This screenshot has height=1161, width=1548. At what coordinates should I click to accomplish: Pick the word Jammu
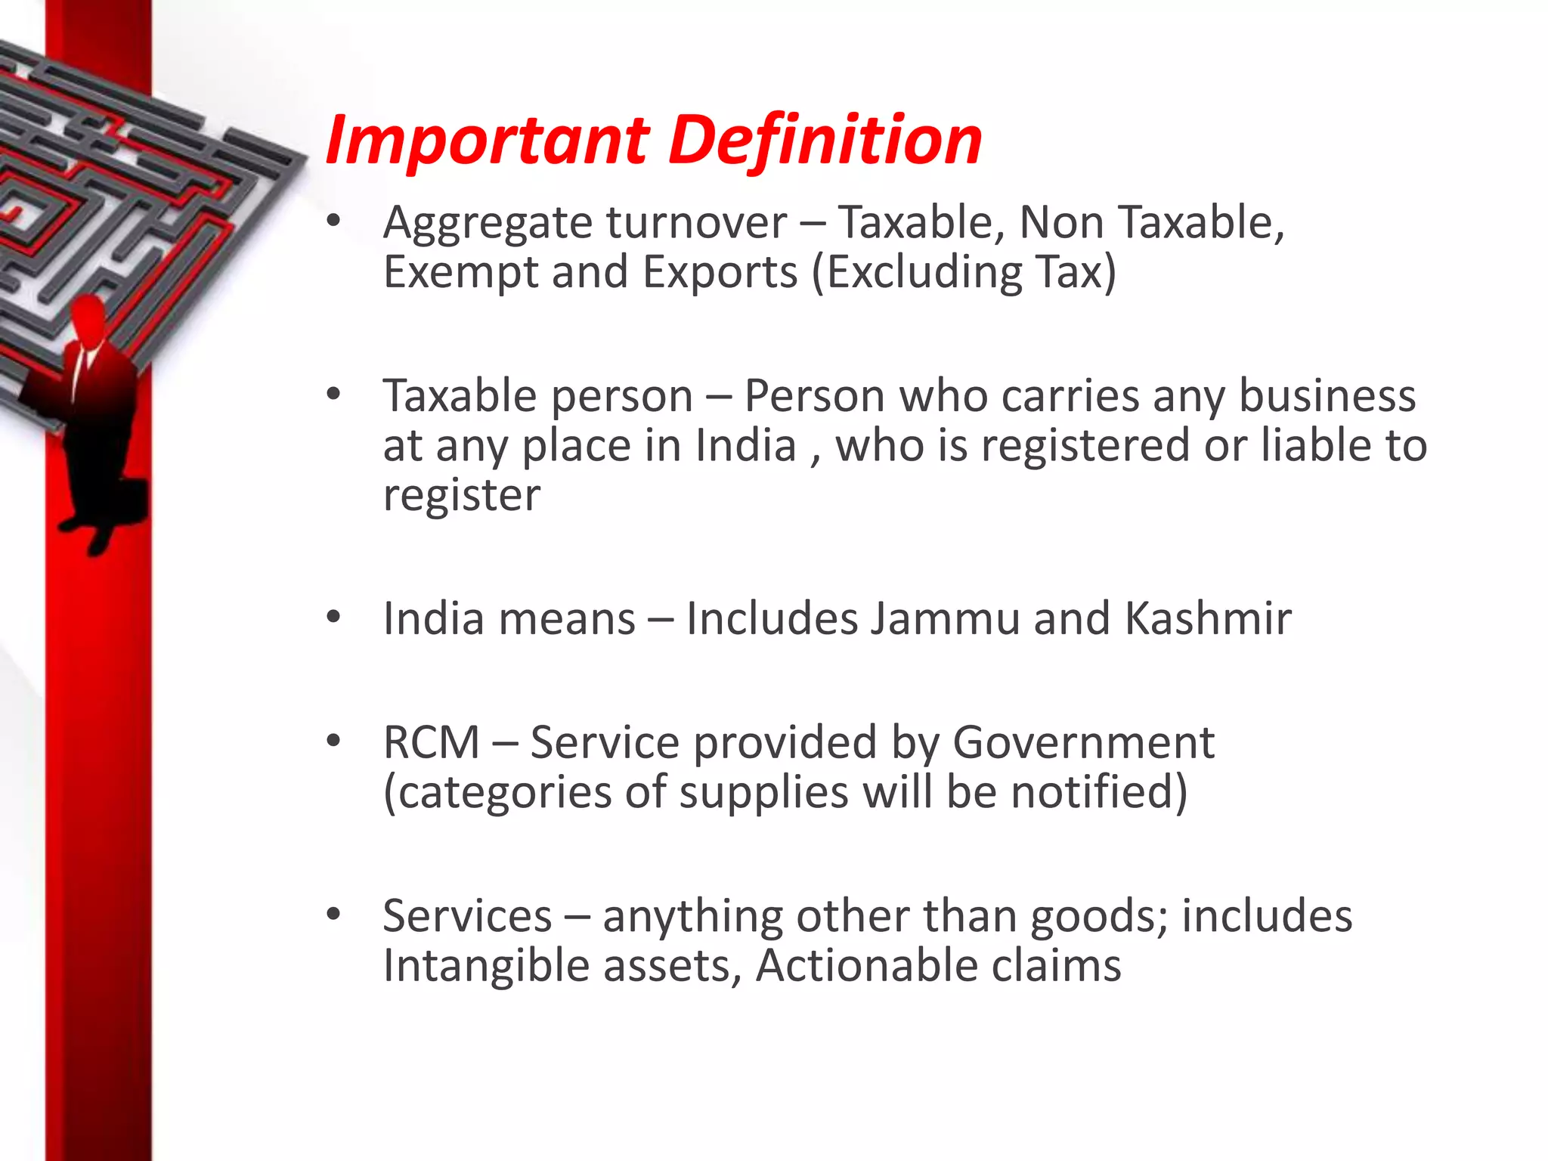(944, 618)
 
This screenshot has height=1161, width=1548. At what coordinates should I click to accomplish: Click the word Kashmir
(1208, 618)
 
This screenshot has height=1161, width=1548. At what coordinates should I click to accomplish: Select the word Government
(1083, 744)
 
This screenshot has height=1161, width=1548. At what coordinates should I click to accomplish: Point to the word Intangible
(486, 967)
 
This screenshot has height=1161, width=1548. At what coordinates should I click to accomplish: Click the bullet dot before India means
(333, 618)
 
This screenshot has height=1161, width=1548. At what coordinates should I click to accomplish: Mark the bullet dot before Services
(333, 915)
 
